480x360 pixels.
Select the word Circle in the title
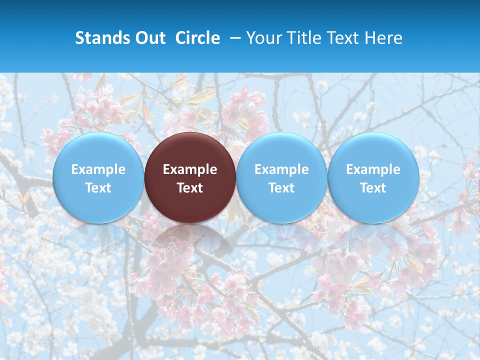tap(197, 38)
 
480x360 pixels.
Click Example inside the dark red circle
tap(190, 169)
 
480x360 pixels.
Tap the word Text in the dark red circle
tap(190, 188)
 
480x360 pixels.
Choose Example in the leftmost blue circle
tap(98, 169)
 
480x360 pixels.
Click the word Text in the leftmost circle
tap(98, 188)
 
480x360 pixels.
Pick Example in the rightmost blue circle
tap(373, 169)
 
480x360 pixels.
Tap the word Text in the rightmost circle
tap(373, 188)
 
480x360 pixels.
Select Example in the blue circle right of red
tap(281, 169)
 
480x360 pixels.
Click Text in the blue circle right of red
tap(281, 188)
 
